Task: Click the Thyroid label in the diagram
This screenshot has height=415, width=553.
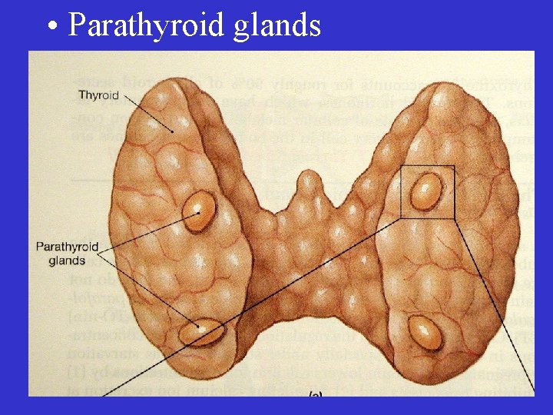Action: point(98,95)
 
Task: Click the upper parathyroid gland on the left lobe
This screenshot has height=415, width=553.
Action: point(199,211)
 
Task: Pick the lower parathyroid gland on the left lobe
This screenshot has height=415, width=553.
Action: point(202,332)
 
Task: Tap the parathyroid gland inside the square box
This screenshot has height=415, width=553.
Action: point(426,191)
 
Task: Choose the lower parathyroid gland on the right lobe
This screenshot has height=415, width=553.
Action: point(425,331)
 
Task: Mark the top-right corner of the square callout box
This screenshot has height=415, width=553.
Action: point(454,167)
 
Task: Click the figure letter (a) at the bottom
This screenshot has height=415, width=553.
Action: point(314,393)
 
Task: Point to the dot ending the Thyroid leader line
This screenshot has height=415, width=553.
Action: point(174,132)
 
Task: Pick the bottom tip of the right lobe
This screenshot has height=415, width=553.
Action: point(430,377)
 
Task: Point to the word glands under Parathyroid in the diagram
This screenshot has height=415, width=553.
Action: point(67,261)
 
